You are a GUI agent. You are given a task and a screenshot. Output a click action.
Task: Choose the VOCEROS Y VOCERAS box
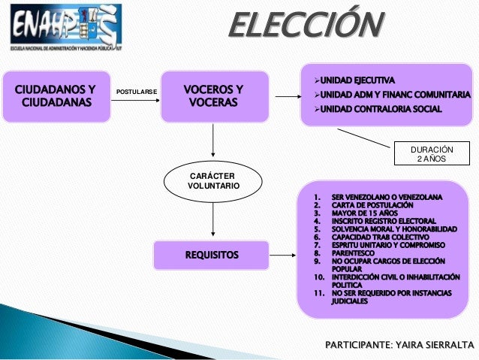(x=214, y=95)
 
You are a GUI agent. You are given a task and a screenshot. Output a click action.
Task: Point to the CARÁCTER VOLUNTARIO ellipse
(x=214, y=180)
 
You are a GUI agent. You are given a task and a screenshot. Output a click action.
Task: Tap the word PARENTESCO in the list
(x=358, y=253)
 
